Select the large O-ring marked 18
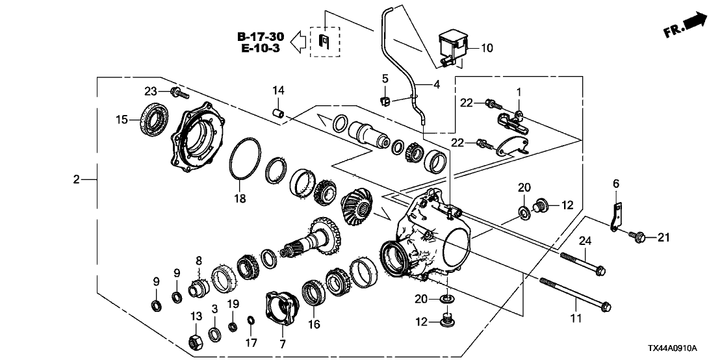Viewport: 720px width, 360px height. (245, 159)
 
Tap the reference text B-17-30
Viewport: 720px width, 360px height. (261, 36)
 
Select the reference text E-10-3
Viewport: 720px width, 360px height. (261, 47)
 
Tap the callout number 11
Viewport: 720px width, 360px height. (576, 317)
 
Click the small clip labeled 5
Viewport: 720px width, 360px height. (385, 101)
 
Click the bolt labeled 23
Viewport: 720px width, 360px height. (179, 93)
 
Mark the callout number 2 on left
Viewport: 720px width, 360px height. (76, 179)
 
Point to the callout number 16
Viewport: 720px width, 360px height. (314, 325)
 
